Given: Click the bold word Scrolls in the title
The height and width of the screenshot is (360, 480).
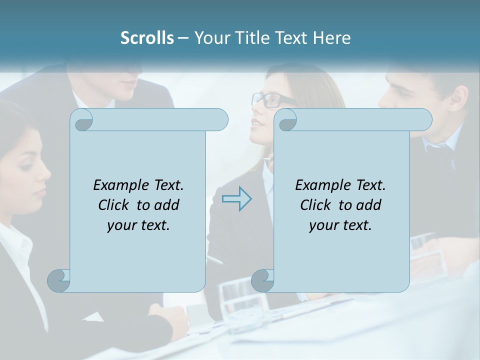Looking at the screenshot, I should [x=147, y=38].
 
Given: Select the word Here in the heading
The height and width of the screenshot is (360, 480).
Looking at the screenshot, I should [x=332, y=38].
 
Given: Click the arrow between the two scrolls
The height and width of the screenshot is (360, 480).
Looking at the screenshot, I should [x=237, y=198].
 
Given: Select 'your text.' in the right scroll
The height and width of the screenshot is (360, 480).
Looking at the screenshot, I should [x=340, y=225].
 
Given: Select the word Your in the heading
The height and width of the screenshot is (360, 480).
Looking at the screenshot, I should [x=210, y=38].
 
